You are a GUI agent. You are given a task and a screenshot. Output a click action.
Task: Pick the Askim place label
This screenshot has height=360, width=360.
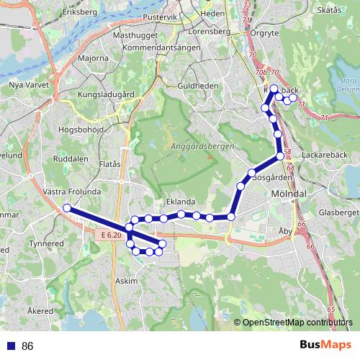click(126, 281)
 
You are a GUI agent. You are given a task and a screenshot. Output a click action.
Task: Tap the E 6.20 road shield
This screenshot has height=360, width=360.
click(111, 235)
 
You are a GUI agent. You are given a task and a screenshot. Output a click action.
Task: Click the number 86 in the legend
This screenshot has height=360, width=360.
click(28, 346)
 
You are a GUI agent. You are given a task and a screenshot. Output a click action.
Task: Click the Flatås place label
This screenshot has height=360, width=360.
click(109, 164)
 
